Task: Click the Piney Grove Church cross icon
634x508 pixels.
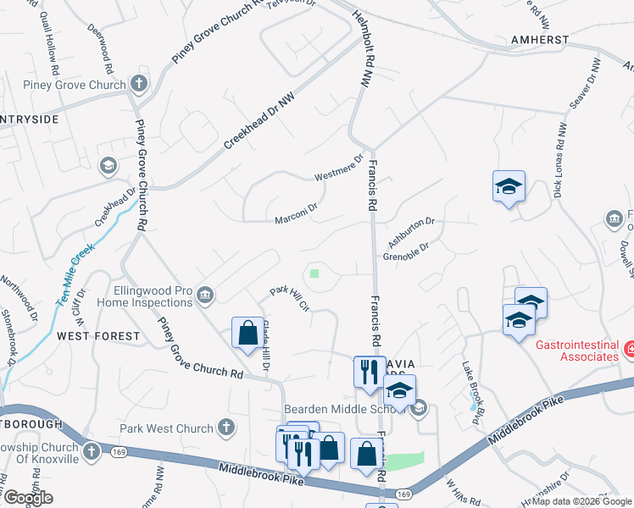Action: click(139, 84)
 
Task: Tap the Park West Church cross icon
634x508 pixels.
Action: click(225, 428)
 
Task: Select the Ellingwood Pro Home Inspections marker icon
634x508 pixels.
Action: click(205, 295)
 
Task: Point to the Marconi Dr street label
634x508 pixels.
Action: click(296, 213)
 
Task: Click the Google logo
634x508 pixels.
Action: click(27, 498)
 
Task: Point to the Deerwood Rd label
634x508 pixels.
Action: click(101, 46)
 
